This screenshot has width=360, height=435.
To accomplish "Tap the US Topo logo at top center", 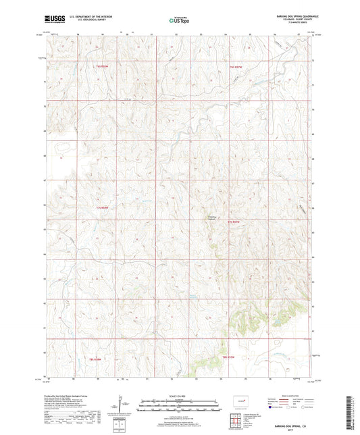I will [179, 21].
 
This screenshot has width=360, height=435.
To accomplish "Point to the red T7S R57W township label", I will [234, 222].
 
